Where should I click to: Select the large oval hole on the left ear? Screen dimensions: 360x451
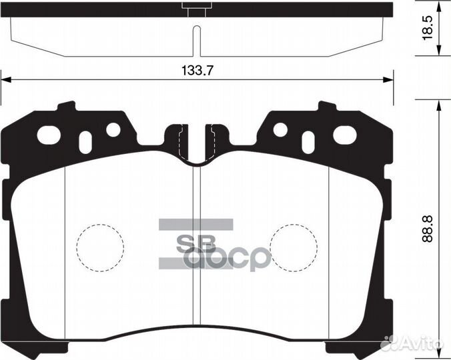click(x=49, y=134)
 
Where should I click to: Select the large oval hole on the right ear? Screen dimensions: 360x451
click(x=345, y=134)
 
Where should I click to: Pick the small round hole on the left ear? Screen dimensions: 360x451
click(x=113, y=129)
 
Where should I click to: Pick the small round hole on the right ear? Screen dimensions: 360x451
click(x=280, y=129)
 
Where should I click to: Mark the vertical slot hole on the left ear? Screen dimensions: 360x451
click(x=85, y=142)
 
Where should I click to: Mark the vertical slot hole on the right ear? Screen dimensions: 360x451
click(x=308, y=142)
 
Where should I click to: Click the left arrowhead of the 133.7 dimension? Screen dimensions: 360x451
click(x=5, y=80)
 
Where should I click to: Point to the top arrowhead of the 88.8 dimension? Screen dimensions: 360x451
click(x=438, y=105)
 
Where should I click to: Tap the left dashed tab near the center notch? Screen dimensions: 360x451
click(x=177, y=141)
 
